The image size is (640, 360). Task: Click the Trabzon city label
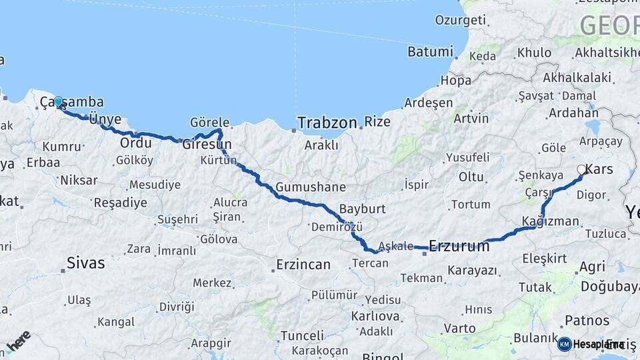click(328, 123)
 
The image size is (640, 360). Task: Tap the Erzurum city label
click(459, 246)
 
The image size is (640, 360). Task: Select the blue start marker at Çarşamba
click(59, 102)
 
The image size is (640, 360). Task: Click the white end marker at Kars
click(581, 170)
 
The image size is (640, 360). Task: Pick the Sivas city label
click(86, 263)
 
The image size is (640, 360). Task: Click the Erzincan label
click(303, 265)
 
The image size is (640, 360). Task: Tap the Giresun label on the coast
click(207, 144)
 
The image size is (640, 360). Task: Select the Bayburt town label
click(362, 209)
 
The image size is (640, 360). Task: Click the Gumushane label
click(311, 187)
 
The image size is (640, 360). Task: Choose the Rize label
click(377, 122)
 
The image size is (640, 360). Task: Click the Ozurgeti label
click(461, 20)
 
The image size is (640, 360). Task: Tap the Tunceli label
click(302, 335)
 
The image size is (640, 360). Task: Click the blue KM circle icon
click(564, 344)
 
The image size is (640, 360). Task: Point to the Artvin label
click(471, 119)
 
